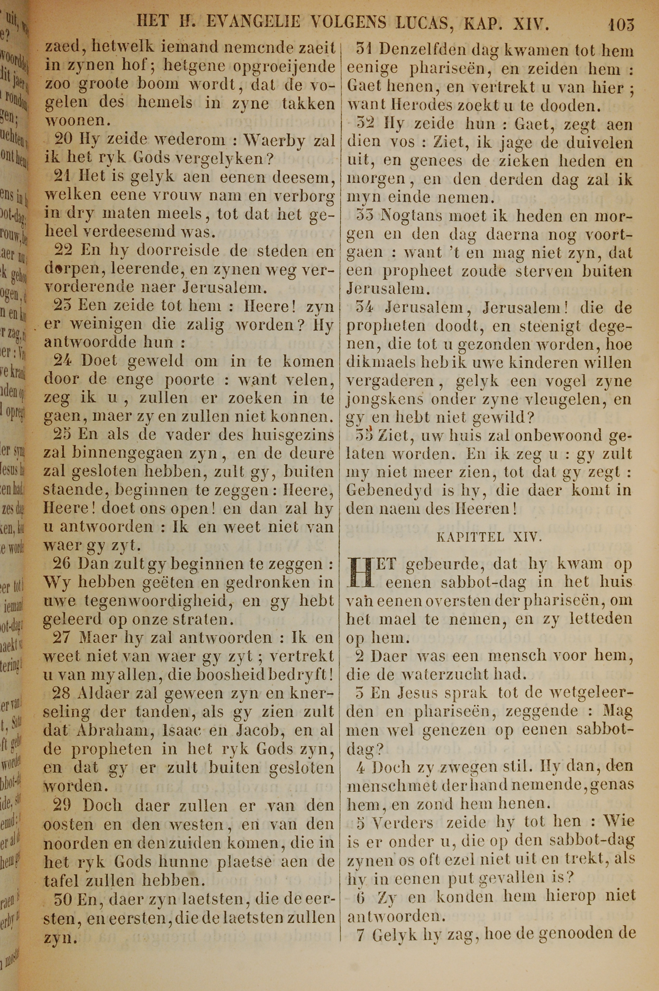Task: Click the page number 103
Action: (621, 25)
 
